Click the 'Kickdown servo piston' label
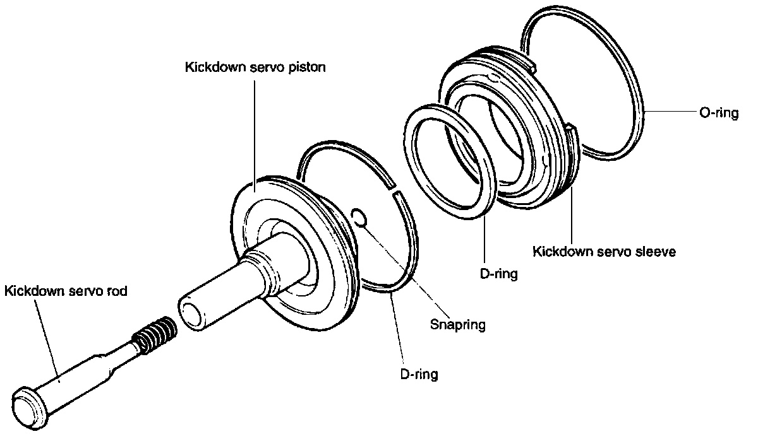tap(255, 67)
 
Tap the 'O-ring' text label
tap(718, 114)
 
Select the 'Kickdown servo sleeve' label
tap(605, 252)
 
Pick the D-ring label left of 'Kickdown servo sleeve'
tap(499, 274)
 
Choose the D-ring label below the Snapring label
tap(419, 374)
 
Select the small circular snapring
tap(358, 216)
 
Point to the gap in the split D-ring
tap(394, 192)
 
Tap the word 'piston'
tap(308, 67)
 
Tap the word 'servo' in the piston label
tap(263, 67)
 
